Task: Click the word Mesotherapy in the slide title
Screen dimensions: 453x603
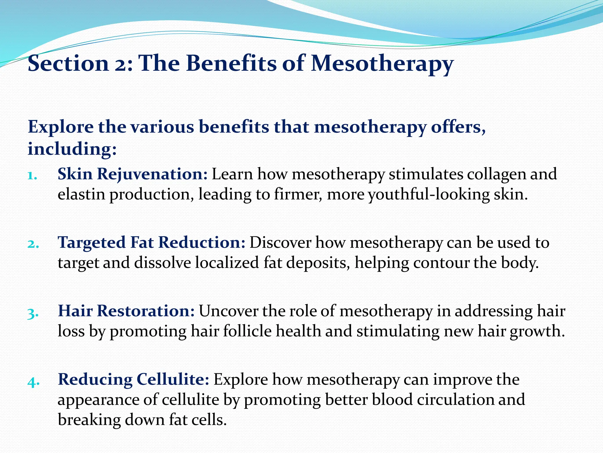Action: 382,64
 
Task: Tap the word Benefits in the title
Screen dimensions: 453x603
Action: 231,63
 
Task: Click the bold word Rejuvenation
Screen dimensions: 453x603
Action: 153,174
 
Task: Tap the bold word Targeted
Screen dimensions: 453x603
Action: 92,243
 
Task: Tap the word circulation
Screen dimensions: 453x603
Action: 455,400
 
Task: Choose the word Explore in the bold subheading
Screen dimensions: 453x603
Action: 60,127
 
